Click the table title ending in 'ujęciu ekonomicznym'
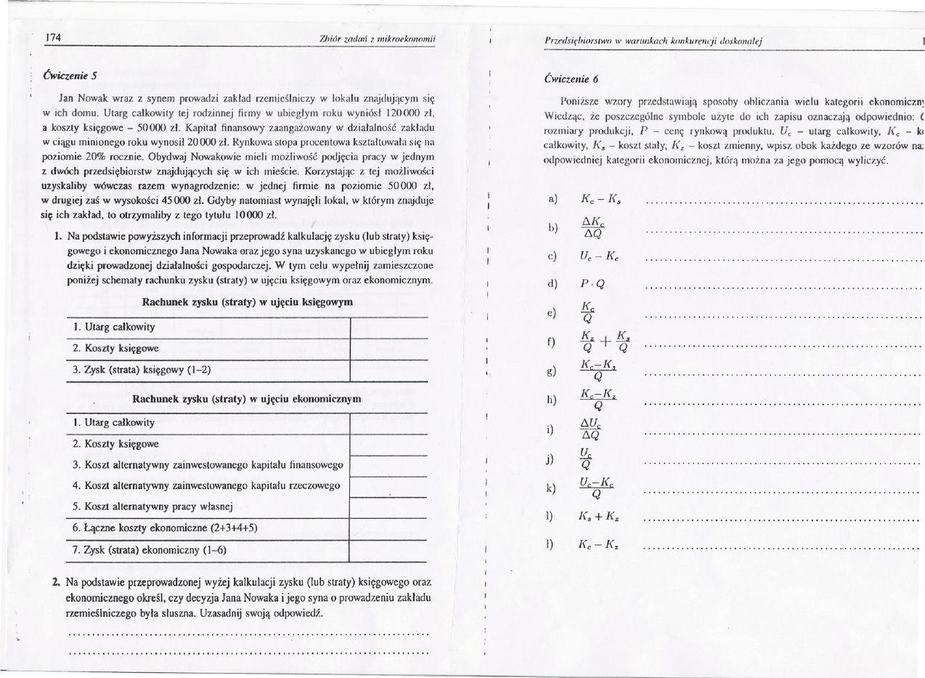pos(246,400)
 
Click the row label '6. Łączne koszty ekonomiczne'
pos(164,528)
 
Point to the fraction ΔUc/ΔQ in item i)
pos(590,431)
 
